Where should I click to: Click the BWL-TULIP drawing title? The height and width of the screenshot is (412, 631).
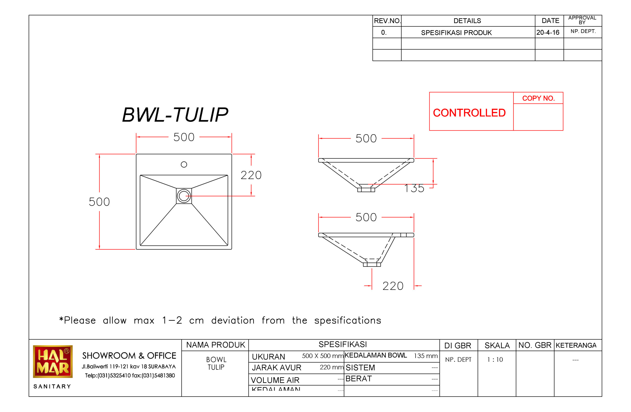click(175, 115)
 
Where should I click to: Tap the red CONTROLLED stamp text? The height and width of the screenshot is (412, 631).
click(469, 113)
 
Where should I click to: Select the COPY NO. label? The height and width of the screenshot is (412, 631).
click(538, 98)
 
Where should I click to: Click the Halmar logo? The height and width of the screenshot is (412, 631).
click(53, 362)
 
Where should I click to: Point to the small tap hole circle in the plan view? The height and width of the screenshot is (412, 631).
click(184, 164)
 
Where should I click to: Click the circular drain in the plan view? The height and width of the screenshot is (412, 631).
click(184, 196)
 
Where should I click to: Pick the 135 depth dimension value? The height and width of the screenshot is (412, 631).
click(414, 189)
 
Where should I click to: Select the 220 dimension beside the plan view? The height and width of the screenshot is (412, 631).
click(251, 175)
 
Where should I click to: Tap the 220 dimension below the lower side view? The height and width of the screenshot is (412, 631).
click(393, 286)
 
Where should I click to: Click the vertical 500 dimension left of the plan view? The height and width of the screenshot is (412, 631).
click(99, 202)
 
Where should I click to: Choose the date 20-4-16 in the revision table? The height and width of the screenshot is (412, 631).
click(547, 32)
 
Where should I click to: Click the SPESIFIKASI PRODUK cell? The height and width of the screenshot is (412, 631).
click(456, 33)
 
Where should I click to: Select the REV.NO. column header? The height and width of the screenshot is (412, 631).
click(387, 21)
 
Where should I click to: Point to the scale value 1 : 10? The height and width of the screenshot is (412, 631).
click(495, 360)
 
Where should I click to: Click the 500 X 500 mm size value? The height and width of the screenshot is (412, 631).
click(322, 356)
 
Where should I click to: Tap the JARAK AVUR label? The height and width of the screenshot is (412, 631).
click(276, 367)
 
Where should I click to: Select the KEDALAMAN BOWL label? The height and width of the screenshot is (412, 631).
click(375, 355)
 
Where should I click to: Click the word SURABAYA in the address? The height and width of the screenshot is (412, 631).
click(162, 367)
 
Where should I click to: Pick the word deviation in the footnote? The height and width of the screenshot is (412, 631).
click(233, 320)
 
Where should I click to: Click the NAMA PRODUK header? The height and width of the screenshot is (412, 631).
click(215, 345)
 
